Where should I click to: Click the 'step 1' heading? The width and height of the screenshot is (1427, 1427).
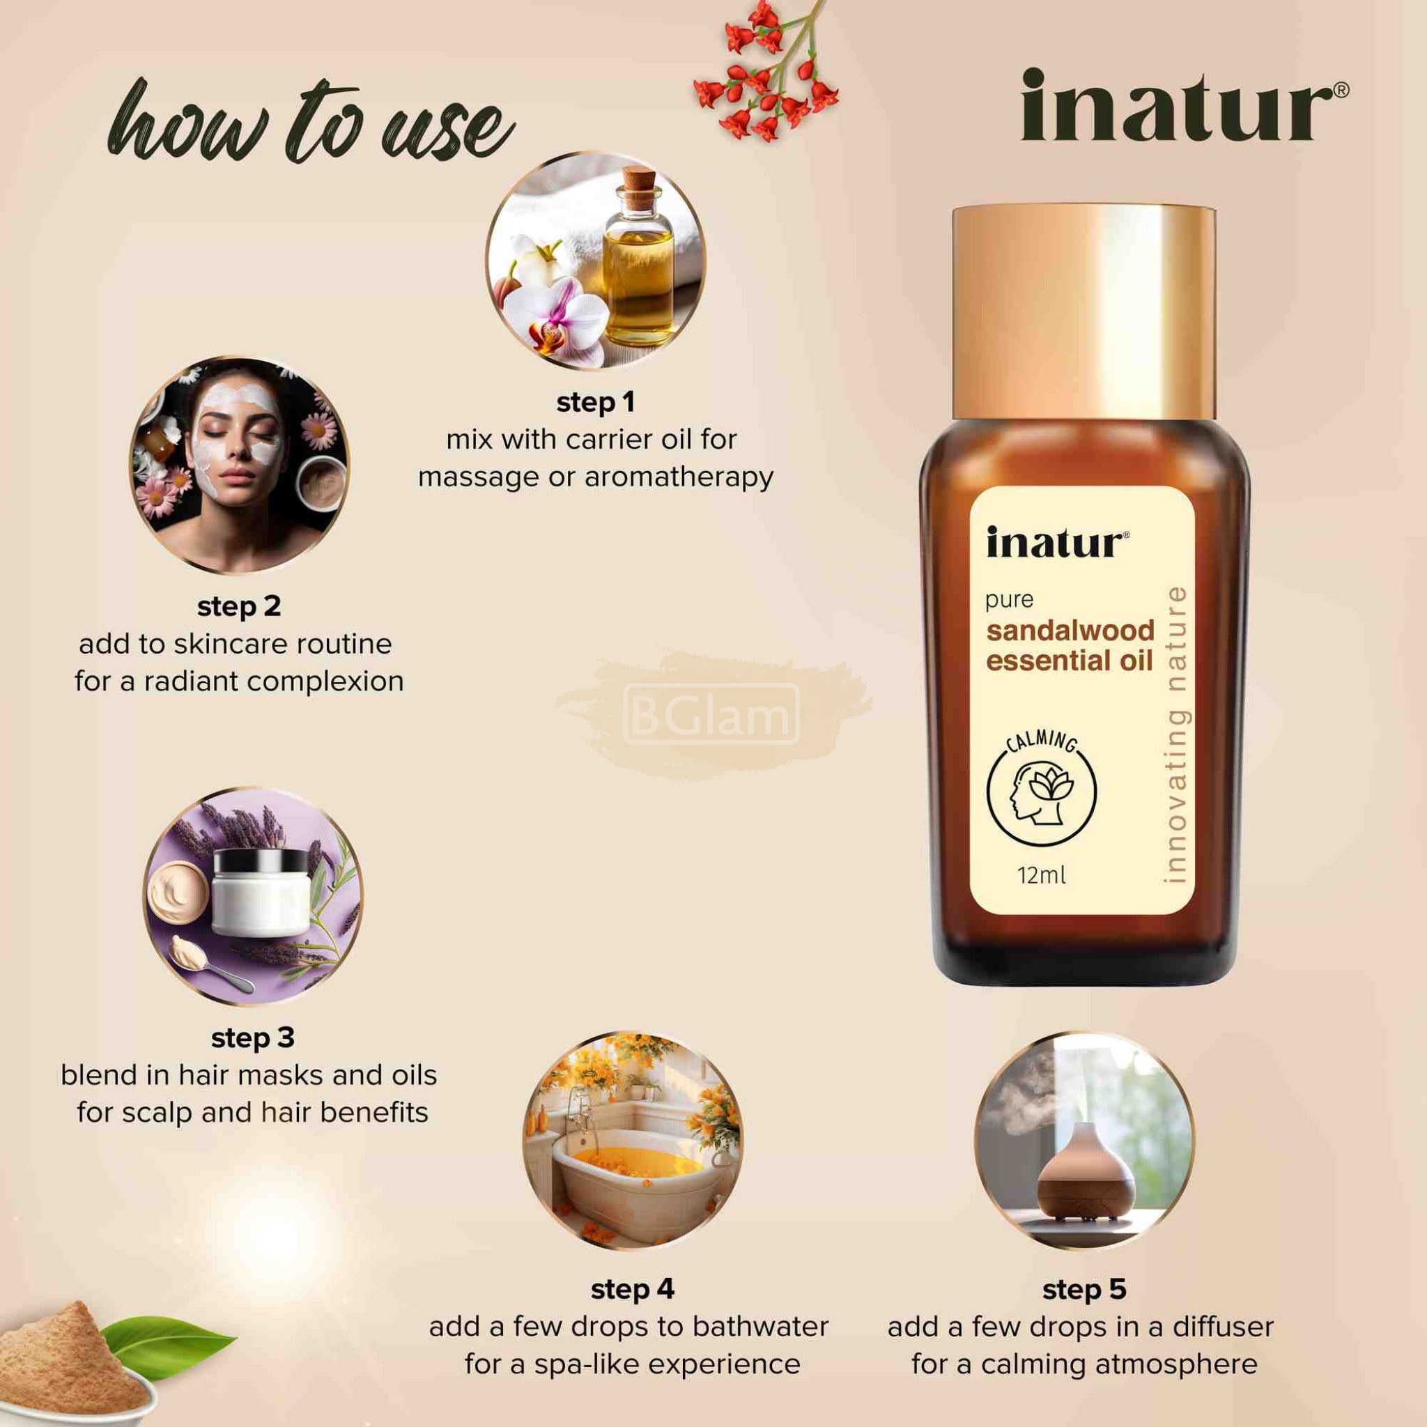(x=595, y=403)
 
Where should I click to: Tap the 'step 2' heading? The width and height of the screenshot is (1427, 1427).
(x=238, y=606)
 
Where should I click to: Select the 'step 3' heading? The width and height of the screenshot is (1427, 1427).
(x=253, y=1038)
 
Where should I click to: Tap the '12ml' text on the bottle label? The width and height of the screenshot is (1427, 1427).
(x=1042, y=876)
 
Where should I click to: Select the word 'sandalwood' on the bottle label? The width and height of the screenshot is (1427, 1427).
(x=1070, y=631)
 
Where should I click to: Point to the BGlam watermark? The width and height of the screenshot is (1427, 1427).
(x=711, y=714)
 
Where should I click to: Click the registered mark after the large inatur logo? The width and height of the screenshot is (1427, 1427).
(x=1342, y=90)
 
